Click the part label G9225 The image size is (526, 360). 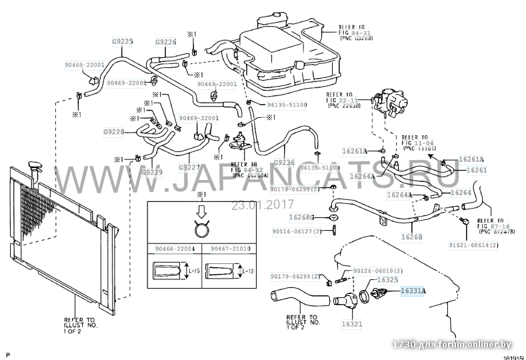123,41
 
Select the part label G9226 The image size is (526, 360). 165,42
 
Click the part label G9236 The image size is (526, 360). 284,162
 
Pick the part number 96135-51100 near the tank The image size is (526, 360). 287,105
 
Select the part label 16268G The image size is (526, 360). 301,217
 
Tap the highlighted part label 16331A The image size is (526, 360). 413,291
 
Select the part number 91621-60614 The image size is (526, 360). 491,245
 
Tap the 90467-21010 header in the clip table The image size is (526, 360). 230,249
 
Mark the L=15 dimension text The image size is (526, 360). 191,271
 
